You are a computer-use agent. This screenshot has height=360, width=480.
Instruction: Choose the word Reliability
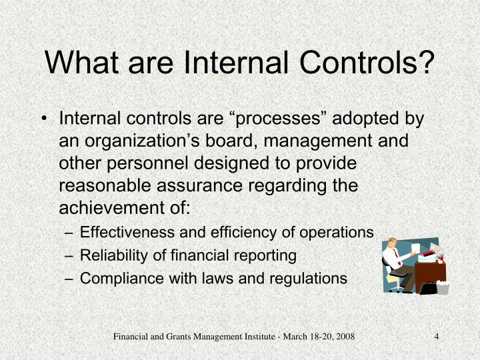coord(109,255)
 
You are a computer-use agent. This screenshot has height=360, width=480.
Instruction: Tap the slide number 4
coord(436,336)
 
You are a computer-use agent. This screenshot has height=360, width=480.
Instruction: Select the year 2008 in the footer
coord(344,336)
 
